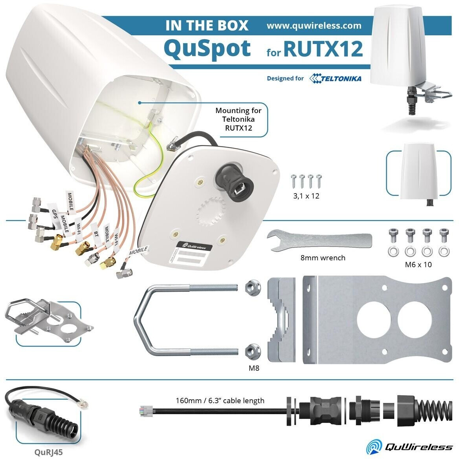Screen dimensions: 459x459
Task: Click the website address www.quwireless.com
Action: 314,26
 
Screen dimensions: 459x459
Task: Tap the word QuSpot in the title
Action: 207,48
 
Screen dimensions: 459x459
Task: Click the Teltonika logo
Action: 335,78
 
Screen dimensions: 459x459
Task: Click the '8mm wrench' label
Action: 323,258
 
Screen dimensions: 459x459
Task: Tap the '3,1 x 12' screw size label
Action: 306,196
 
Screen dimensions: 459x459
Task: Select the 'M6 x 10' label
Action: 418,265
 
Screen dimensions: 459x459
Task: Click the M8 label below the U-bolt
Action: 254,368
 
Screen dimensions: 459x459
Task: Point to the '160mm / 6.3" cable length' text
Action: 220,401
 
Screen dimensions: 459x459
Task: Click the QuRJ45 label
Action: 48,452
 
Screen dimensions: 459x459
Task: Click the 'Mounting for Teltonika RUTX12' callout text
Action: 238,119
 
